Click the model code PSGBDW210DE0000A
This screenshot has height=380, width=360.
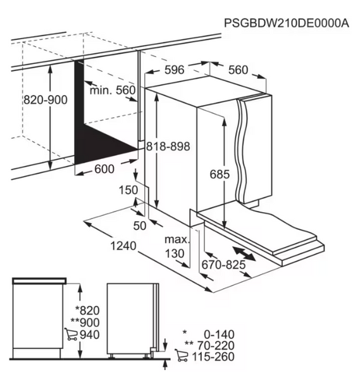(287, 23)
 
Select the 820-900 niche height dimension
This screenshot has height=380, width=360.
(46, 100)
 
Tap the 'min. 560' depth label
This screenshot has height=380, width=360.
(113, 91)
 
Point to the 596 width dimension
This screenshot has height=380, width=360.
(175, 70)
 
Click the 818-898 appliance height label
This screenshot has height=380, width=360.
(168, 146)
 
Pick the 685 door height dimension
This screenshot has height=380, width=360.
(220, 174)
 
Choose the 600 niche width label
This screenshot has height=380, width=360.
(104, 169)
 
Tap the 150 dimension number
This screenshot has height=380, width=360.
(128, 190)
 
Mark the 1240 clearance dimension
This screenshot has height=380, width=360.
(123, 246)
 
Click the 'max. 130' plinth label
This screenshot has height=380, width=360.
(177, 246)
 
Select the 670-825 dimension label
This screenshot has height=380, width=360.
(223, 265)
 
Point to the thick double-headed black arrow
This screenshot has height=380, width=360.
(244, 253)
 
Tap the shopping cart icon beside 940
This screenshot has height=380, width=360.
(71, 334)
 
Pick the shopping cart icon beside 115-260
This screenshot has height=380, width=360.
(182, 356)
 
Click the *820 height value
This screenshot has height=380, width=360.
(87, 310)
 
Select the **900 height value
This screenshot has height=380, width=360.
(85, 322)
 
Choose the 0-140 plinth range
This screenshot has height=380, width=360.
(219, 334)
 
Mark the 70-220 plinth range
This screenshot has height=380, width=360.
(216, 345)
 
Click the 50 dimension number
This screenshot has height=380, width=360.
(140, 226)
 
